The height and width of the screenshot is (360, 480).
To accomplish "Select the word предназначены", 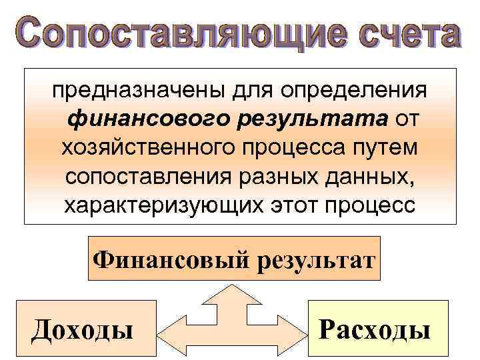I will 133,89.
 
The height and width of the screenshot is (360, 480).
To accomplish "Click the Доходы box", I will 85,329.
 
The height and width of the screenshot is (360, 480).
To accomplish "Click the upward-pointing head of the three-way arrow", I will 231,293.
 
